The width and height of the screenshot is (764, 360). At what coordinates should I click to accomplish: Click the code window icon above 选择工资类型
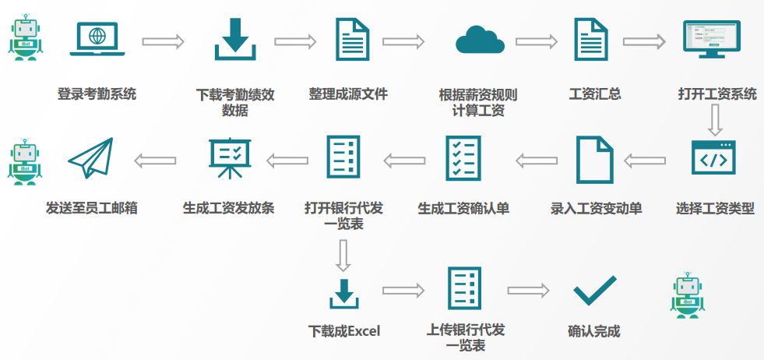click(x=713, y=159)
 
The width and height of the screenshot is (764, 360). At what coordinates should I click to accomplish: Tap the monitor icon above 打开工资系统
click(x=711, y=39)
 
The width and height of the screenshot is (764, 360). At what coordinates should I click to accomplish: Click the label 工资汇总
click(x=595, y=95)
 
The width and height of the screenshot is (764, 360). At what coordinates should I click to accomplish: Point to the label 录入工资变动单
click(x=596, y=209)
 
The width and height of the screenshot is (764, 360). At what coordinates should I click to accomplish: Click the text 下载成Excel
click(x=344, y=331)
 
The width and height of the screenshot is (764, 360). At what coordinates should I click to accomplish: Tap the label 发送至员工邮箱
click(x=92, y=209)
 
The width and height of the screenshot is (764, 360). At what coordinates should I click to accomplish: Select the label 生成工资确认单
click(x=463, y=209)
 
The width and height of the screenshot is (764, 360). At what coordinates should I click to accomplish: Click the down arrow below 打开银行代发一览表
click(x=343, y=255)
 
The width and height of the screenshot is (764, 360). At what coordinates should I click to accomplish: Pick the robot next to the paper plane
click(x=25, y=162)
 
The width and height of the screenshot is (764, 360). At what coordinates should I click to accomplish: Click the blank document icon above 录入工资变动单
click(x=593, y=159)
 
